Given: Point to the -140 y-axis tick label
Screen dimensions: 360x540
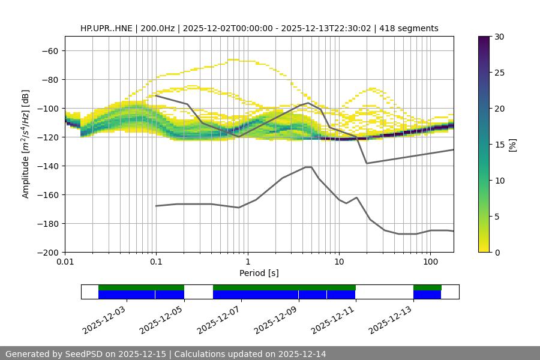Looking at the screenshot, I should pos(48,166).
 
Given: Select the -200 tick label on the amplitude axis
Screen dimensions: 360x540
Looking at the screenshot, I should pos(48,252).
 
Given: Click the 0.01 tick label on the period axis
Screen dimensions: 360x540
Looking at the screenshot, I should pos(65,262).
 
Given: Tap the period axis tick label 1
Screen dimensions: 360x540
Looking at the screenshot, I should pos(247,262).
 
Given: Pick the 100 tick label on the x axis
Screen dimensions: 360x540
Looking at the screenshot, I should pos(430,262).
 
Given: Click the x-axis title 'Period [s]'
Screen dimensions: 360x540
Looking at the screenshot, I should pos(259,273).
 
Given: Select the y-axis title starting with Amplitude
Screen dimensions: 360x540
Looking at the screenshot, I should pos(26,144).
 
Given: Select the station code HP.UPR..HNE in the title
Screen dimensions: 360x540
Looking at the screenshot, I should pos(104,28).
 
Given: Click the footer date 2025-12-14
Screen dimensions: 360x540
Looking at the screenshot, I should pos(301,354).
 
